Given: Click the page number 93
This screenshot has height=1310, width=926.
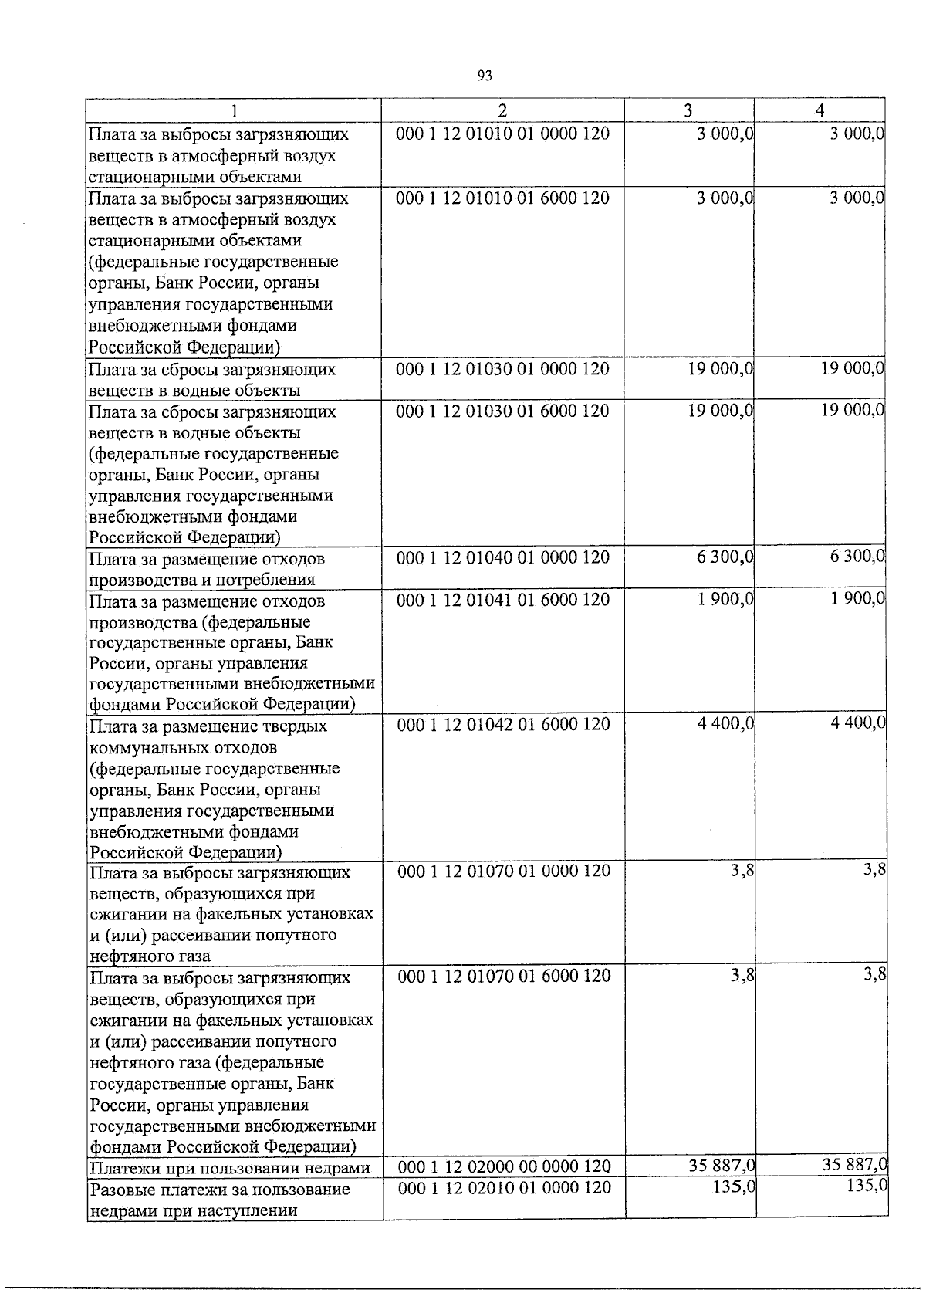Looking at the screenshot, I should (485, 76).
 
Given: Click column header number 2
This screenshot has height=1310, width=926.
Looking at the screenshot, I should (502, 110).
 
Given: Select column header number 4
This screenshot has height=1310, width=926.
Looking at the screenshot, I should (820, 110).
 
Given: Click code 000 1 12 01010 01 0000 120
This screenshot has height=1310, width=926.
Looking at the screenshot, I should (502, 134).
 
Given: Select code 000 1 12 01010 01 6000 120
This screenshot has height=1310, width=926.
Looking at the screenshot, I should (502, 198).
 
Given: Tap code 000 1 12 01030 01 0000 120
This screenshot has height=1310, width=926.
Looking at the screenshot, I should (502, 369).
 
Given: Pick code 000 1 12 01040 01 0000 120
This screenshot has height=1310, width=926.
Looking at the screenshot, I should (502, 557).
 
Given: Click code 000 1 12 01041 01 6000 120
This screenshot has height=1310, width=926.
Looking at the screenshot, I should (502, 600).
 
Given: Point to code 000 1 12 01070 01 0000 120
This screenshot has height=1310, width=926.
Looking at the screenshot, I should (504, 871).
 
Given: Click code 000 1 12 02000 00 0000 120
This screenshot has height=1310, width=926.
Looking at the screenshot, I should (504, 1166).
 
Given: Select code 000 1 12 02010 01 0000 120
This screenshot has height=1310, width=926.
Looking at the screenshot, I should (504, 1188).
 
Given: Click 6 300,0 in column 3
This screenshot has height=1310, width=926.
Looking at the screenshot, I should (725, 557).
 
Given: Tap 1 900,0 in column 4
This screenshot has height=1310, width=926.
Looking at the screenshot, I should (857, 598).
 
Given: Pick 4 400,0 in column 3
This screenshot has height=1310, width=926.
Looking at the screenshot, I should (725, 724).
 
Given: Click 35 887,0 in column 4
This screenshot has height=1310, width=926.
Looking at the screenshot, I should (853, 1164).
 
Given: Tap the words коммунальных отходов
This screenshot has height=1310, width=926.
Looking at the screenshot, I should (184, 748).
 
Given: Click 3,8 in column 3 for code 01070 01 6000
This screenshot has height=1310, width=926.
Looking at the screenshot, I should (742, 976).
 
